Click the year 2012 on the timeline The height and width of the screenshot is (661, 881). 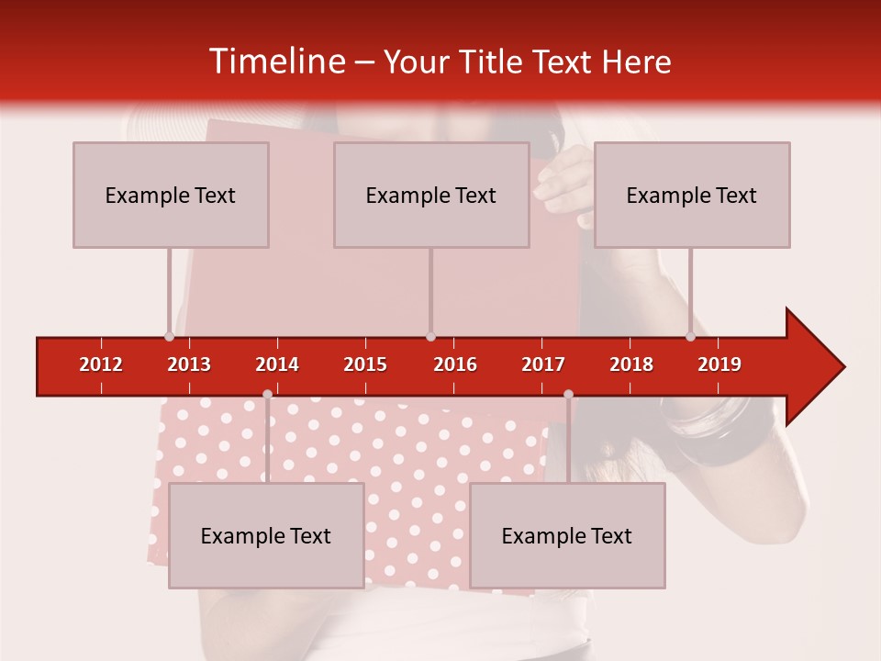[x=101, y=364]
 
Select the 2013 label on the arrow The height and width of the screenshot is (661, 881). [x=189, y=364]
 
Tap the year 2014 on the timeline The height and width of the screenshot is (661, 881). [x=277, y=364]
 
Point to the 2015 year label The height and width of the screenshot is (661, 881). [x=365, y=364]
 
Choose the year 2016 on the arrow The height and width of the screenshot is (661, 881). [x=455, y=364]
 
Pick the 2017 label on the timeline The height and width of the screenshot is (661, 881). [x=543, y=364]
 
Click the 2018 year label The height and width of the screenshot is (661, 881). [x=631, y=364]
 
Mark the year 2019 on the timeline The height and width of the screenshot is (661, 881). [x=719, y=364]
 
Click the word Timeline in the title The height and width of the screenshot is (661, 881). [x=275, y=62]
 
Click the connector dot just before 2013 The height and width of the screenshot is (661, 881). [x=170, y=336]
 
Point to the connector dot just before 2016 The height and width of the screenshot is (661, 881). [x=430, y=336]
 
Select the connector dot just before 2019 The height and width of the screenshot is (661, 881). [x=691, y=336]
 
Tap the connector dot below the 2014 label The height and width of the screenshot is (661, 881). [x=267, y=394]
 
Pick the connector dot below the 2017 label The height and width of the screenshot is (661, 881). [x=568, y=394]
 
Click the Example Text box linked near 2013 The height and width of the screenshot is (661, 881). [x=171, y=195]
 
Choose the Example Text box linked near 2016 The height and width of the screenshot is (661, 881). [x=431, y=195]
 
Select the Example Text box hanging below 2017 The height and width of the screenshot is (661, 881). [x=567, y=535]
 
